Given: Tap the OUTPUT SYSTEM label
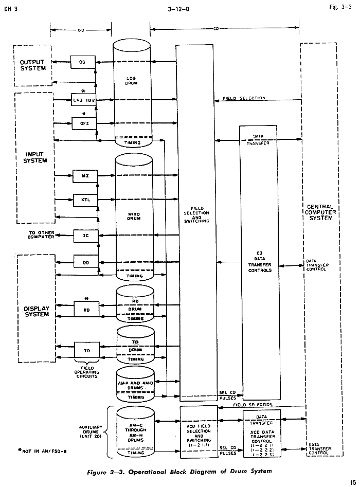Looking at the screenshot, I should [x=32, y=65].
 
